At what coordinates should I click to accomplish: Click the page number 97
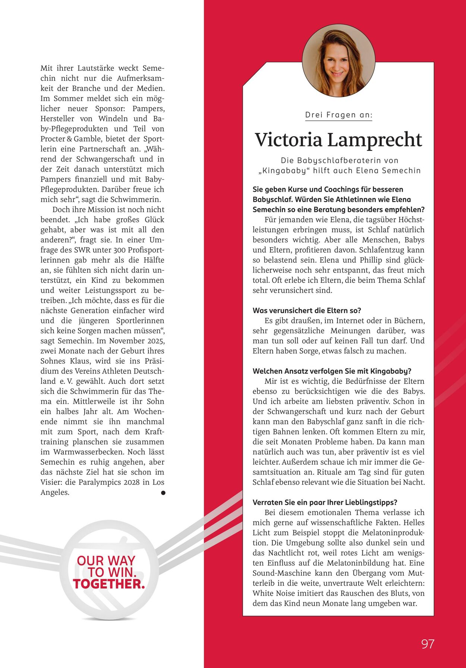point(428,644)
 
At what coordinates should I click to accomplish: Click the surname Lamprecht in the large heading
point(375,140)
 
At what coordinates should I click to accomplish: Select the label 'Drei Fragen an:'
point(339,115)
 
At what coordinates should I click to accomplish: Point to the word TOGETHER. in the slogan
point(109,584)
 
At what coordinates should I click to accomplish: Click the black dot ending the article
point(163,493)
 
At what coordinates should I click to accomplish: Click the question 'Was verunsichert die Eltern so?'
point(307,311)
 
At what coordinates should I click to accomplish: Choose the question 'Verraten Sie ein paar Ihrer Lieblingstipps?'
point(325,502)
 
